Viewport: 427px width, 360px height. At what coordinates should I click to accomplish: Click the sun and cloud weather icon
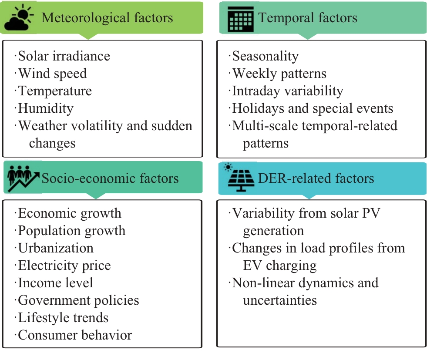coord(19,17)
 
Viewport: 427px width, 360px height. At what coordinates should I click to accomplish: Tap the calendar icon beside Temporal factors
coord(240,19)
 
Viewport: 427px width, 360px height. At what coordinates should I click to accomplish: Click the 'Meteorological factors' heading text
coord(107,18)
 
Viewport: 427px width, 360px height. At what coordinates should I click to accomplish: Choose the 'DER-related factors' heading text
coord(316,178)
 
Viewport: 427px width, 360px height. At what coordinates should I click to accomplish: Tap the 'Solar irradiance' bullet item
coord(64,56)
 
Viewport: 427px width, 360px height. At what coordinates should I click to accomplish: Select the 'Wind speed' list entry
coord(52,74)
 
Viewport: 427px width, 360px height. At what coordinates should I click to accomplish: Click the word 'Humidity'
coord(46,108)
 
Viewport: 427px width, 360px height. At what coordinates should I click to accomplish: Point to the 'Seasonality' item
coord(265,56)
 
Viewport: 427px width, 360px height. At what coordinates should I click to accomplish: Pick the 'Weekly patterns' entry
coord(279,74)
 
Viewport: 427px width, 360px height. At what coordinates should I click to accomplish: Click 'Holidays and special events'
coord(313,108)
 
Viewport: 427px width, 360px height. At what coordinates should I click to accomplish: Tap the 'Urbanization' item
coord(56,248)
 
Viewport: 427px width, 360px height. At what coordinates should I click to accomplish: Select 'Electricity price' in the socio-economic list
coord(64,266)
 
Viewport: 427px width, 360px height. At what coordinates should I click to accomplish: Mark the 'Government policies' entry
coord(78,300)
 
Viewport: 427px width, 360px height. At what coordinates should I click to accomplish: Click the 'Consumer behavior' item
coord(75,335)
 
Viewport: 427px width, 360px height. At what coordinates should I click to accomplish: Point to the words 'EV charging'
coord(280,266)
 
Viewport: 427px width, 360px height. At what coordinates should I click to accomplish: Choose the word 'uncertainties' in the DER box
coord(280,300)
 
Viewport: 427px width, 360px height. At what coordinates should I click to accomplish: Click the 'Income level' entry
coord(56,283)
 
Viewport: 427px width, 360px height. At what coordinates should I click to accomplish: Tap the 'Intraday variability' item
coord(288,91)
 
